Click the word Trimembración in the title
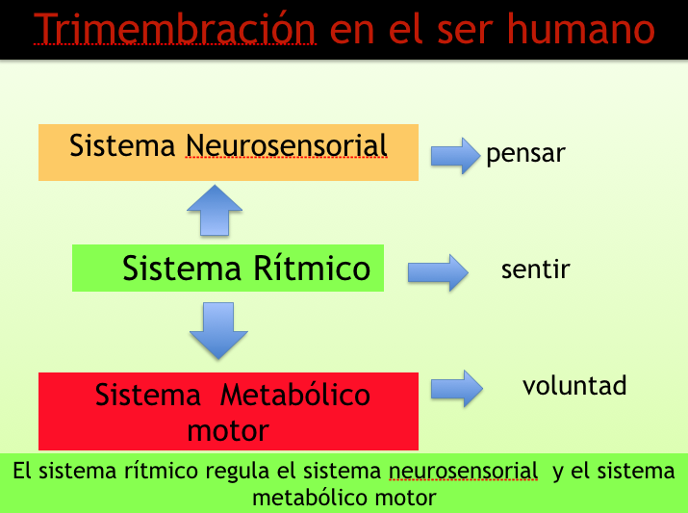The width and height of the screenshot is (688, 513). (x=174, y=29)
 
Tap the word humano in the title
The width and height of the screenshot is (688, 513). (x=581, y=29)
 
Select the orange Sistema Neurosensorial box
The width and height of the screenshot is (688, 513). (x=228, y=152)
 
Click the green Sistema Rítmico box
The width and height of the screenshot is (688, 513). (x=228, y=269)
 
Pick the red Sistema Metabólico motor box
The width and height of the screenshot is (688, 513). (x=228, y=411)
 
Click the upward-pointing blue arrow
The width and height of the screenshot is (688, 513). (x=215, y=210)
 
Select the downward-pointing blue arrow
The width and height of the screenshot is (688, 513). (x=218, y=331)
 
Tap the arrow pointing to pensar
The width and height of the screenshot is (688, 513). (x=455, y=156)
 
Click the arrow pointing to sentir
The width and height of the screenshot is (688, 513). (x=438, y=272)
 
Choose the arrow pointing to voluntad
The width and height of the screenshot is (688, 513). (x=457, y=389)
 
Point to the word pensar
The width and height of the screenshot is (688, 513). (x=525, y=154)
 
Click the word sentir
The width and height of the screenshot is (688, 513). (x=536, y=269)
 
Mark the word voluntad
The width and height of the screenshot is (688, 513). (x=574, y=385)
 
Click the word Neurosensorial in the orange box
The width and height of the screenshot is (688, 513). (x=287, y=145)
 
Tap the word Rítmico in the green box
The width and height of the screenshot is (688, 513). (x=312, y=269)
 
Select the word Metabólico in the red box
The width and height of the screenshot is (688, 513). (x=295, y=395)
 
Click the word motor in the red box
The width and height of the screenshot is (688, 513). (x=228, y=431)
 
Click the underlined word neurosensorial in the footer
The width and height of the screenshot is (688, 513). (x=464, y=471)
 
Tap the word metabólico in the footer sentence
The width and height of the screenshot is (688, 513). (x=307, y=498)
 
